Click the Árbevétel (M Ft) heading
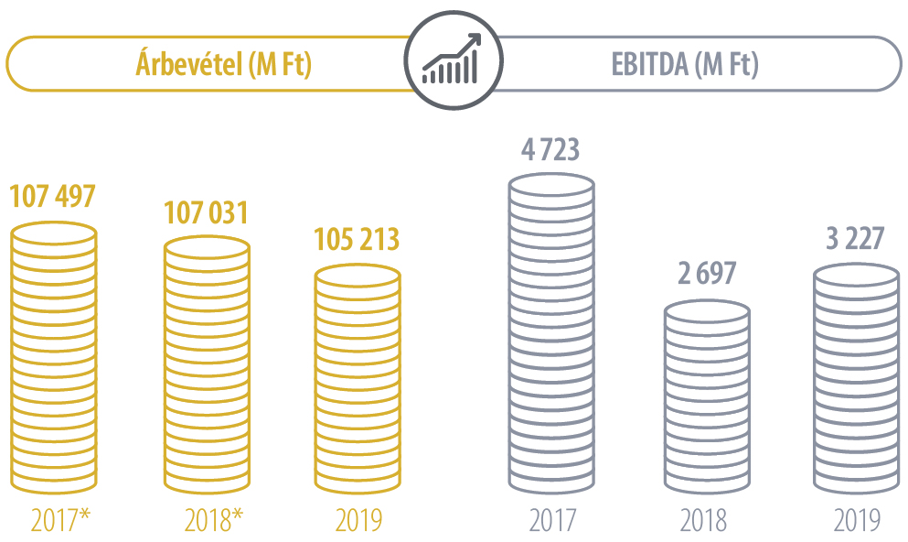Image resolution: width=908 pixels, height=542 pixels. click(x=223, y=65)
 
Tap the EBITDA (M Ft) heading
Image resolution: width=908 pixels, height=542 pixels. click(x=685, y=65)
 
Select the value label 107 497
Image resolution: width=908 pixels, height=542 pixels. click(x=52, y=196)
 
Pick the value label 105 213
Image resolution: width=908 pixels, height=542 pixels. click(x=357, y=239)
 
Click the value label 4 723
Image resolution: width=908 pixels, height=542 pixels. click(x=550, y=149)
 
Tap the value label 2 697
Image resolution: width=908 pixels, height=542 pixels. click(x=706, y=274)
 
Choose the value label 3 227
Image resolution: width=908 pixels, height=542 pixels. click(x=857, y=239)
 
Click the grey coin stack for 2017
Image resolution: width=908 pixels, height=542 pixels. click(x=551, y=333)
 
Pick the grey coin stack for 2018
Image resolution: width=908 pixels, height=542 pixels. click(x=706, y=397)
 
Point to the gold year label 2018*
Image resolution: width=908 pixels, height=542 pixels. click(x=213, y=520)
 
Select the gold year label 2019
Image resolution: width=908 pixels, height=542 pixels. click(x=358, y=520)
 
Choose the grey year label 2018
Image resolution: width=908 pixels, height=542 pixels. click(x=703, y=520)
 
